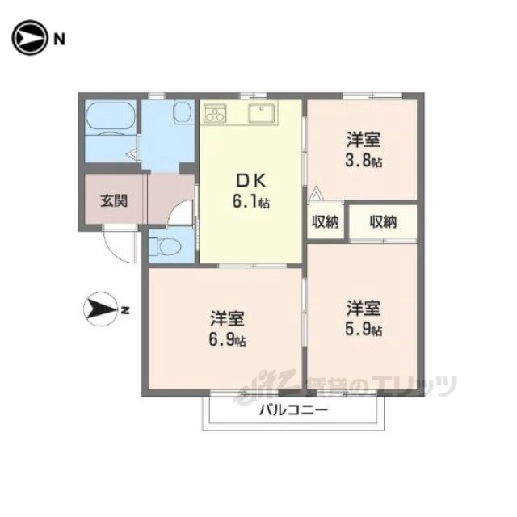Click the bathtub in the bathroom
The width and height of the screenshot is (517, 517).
[111, 117]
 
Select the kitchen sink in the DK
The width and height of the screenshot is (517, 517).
[262, 113]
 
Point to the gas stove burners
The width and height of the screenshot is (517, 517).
[215, 113]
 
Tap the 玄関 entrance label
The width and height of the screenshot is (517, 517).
[114, 200]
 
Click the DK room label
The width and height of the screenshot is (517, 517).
[251, 181]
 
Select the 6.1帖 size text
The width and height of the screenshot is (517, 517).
[251, 201]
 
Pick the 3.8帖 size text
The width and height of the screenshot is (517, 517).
[364, 162]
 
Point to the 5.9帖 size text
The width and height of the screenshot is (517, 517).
[364, 329]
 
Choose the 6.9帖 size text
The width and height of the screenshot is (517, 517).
[228, 339]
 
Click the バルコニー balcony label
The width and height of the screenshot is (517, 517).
[294, 410]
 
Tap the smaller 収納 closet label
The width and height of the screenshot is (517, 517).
[326, 221]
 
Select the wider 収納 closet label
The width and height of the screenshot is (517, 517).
[383, 221]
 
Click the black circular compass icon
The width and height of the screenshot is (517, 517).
[29, 38]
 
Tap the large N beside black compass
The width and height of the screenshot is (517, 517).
[59, 40]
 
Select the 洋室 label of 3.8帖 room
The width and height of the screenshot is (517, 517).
[364, 140]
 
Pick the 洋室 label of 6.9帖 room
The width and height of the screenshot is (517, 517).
[228, 318]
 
